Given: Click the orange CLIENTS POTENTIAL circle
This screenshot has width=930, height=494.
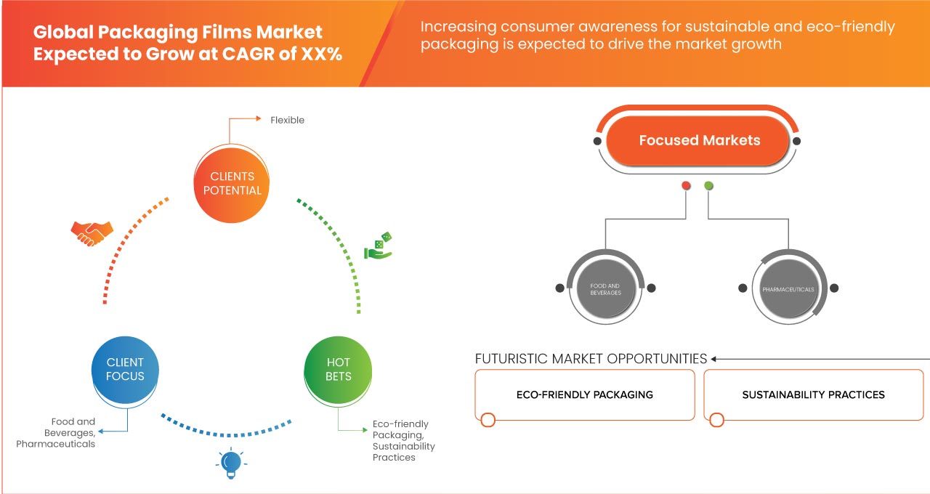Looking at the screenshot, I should pos(232,183).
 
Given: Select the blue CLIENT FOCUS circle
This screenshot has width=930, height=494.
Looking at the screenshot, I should pos(125,369).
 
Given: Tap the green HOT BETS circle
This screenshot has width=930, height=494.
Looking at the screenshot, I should pos(339,369).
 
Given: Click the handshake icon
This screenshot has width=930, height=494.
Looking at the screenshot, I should pos(92,232).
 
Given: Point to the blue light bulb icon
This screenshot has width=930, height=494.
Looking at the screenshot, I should pos(230,463).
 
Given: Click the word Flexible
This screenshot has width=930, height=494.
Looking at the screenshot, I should pos(287,120).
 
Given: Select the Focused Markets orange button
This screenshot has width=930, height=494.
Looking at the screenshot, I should pos(699,140).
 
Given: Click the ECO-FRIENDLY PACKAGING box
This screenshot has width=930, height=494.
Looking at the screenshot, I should pos(584,394).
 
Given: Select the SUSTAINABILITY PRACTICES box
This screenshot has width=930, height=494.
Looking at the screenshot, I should pos(813,394).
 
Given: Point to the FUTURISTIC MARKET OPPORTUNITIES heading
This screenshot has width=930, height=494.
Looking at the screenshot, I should pos(591,359).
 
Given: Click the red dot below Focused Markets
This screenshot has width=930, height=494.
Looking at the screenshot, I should pos(686,186).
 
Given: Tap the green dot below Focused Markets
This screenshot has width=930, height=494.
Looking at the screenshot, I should pos(709,186).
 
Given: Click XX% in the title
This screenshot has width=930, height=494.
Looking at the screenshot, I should pos(320,54).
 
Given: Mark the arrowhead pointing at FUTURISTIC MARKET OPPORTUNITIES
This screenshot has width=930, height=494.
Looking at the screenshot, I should pos(714,359).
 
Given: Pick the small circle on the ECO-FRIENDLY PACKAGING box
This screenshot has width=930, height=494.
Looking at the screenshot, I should pos(488,419).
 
